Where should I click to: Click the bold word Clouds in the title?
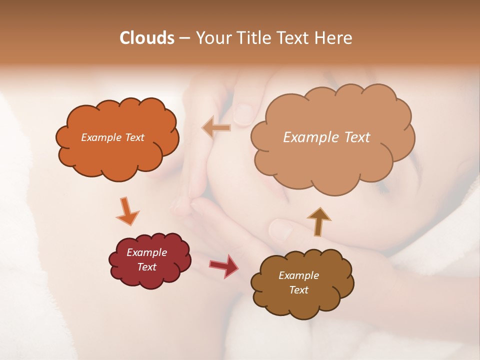tap(146, 38)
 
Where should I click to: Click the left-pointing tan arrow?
tap(216, 127)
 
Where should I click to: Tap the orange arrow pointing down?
tap(127, 211)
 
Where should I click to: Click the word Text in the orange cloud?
tap(134, 137)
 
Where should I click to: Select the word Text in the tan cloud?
tap(357, 137)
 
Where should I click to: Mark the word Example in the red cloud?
tap(146, 253)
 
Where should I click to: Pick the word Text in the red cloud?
tap(146, 267)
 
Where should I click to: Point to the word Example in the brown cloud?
tap(298, 275)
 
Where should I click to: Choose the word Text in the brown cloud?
tap(298, 290)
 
